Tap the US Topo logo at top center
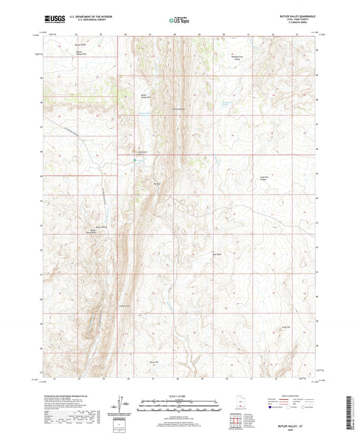click(179, 20)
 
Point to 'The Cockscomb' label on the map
click(178, 109)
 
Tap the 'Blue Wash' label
click(217, 255)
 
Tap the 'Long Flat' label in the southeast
click(286, 328)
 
